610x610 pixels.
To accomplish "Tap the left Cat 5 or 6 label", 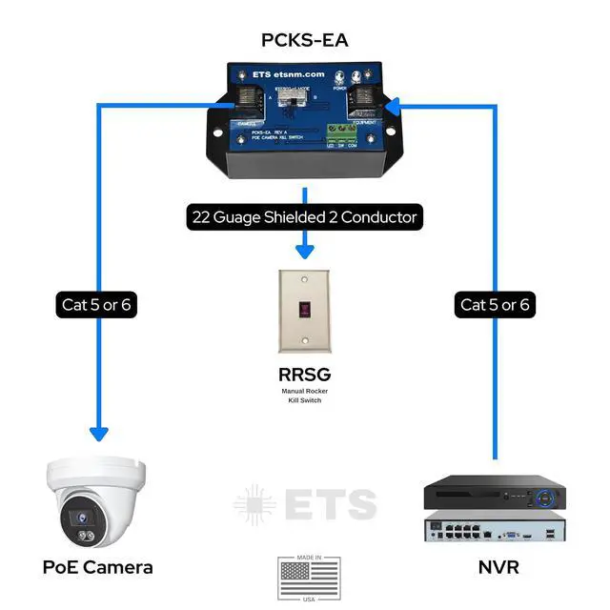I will [98, 305].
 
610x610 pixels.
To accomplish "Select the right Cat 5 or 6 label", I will [496, 305].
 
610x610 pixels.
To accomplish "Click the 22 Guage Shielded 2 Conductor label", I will [303, 217].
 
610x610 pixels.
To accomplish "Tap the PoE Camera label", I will [97, 567].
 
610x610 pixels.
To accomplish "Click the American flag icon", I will [309, 577].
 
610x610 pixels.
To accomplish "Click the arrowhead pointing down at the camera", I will [98, 434].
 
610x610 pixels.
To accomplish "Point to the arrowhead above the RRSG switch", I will [305, 253].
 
